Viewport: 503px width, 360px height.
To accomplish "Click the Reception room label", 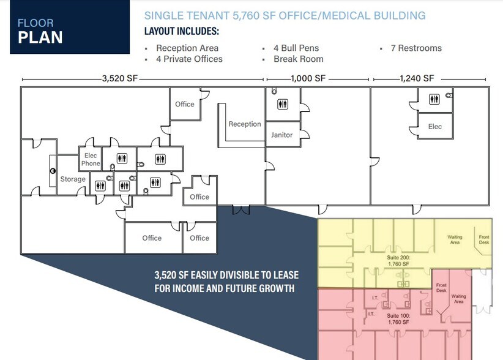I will [245, 124].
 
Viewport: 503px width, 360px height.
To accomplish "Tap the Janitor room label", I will [281, 135].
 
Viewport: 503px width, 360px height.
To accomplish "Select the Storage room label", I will [73, 179].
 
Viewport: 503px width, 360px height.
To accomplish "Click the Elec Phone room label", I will [91, 160].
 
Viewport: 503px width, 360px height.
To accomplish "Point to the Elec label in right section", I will [434, 127].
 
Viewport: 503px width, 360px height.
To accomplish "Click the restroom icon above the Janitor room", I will [282, 104].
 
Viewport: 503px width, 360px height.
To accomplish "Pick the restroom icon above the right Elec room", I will [434, 99].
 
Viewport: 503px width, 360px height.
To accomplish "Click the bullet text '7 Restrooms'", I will [416, 48].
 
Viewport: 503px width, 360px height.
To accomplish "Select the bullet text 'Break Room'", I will [299, 59].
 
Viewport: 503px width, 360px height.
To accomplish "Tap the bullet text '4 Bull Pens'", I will [296, 48].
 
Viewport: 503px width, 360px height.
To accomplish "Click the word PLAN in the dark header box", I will [40, 37].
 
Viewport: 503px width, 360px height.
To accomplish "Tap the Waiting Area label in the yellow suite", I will [455, 240].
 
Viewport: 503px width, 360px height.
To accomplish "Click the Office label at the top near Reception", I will [184, 104].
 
